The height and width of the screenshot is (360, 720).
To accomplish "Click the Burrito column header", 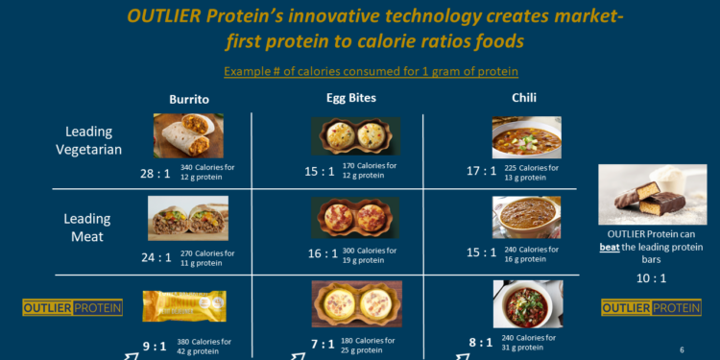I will pos(189,99).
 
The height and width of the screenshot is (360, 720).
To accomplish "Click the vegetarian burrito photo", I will pos(188,135).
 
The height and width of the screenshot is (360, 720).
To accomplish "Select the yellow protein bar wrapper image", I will pos(184,306).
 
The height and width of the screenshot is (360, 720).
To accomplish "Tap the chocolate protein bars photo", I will pos(650,195).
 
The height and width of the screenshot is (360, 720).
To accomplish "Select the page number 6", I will pos(681,349).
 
